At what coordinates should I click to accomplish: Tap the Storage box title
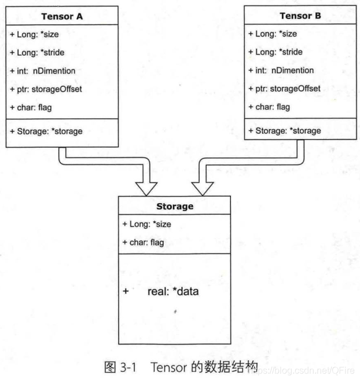(x=175, y=206)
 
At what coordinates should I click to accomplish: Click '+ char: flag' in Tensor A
(x=28, y=108)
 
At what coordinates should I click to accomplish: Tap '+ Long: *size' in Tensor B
(x=272, y=34)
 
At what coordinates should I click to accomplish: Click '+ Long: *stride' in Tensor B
(x=274, y=52)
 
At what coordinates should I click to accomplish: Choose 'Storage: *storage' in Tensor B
(x=288, y=131)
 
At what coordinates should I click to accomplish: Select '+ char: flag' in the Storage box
(x=142, y=242)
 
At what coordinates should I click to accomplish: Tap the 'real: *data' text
(x=173, y=291)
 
